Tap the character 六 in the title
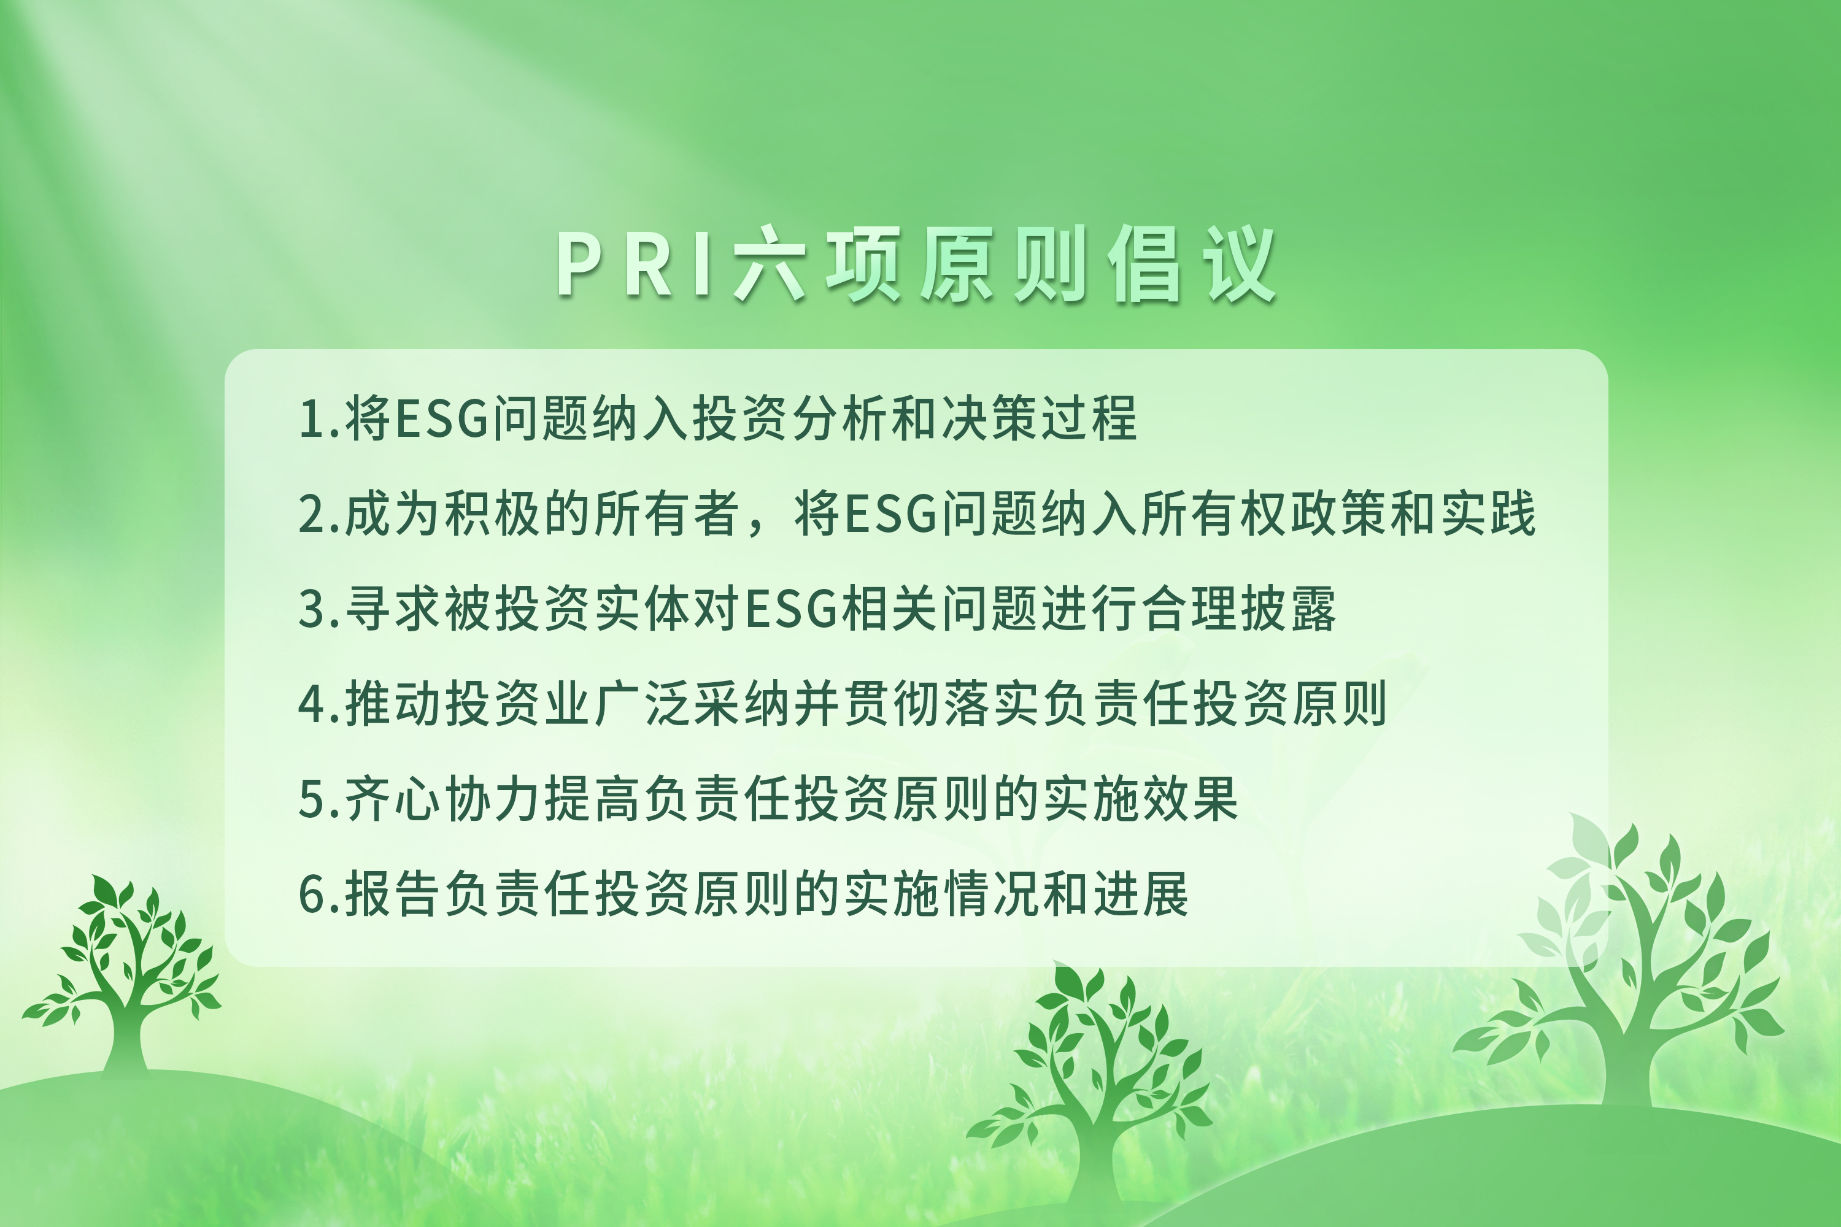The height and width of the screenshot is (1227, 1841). tap(770, 264)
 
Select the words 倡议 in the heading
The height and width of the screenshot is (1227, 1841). tap(1191, 264)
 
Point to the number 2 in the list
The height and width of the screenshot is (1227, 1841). tap(313, 514)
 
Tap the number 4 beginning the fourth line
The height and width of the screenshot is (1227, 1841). tap(313, 704)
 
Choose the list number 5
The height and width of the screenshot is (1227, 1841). tap(313, 799)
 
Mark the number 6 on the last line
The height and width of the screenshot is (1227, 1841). tap(313, 894)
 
